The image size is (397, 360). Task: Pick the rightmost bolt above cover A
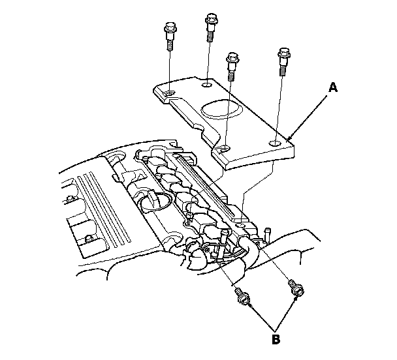(283, 59)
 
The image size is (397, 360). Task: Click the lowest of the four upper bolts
(230, 65)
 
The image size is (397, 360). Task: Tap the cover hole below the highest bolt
(207, 85)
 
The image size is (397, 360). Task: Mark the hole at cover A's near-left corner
(224, 149)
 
